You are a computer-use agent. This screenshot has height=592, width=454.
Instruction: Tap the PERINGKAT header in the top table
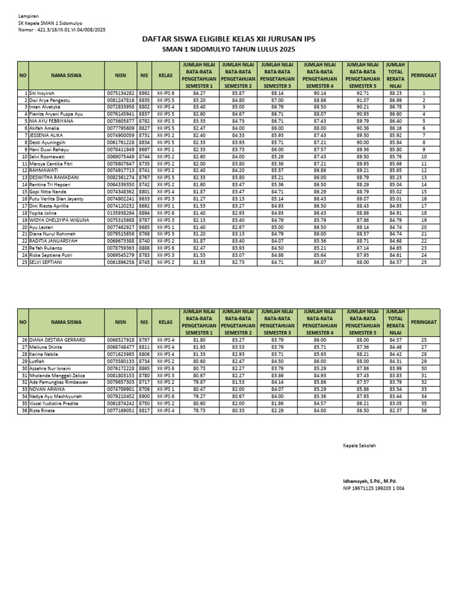tap(424, 76)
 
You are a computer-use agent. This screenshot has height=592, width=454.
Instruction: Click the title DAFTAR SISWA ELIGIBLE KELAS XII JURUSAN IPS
tap(229, 39)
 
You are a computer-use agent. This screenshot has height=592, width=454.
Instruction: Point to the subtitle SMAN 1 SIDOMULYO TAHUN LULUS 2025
tap(228, 50)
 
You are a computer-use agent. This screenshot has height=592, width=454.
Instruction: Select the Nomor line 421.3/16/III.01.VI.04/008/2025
tap(62, 29)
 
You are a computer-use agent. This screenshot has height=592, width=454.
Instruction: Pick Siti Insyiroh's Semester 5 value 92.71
tap(362, 93)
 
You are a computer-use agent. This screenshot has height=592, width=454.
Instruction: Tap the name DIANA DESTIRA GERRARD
tap(57, 340)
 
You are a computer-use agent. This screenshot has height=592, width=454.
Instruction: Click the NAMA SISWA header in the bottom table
tap(66, 323)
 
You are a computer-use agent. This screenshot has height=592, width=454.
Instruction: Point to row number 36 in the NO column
tap(24, 410)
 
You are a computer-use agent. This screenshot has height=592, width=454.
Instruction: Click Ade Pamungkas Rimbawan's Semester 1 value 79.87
tap(199, 382)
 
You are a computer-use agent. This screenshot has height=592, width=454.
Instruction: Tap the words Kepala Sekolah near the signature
tap(359, 445)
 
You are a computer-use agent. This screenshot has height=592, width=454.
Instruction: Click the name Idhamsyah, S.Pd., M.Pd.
tap(369, 481)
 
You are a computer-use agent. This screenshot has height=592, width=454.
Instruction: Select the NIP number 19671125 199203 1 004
tap(374, 488)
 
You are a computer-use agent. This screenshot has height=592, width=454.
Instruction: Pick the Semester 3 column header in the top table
tap(277, 76)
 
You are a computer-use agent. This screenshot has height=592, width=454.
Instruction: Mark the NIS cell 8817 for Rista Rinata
tap(144, 410)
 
